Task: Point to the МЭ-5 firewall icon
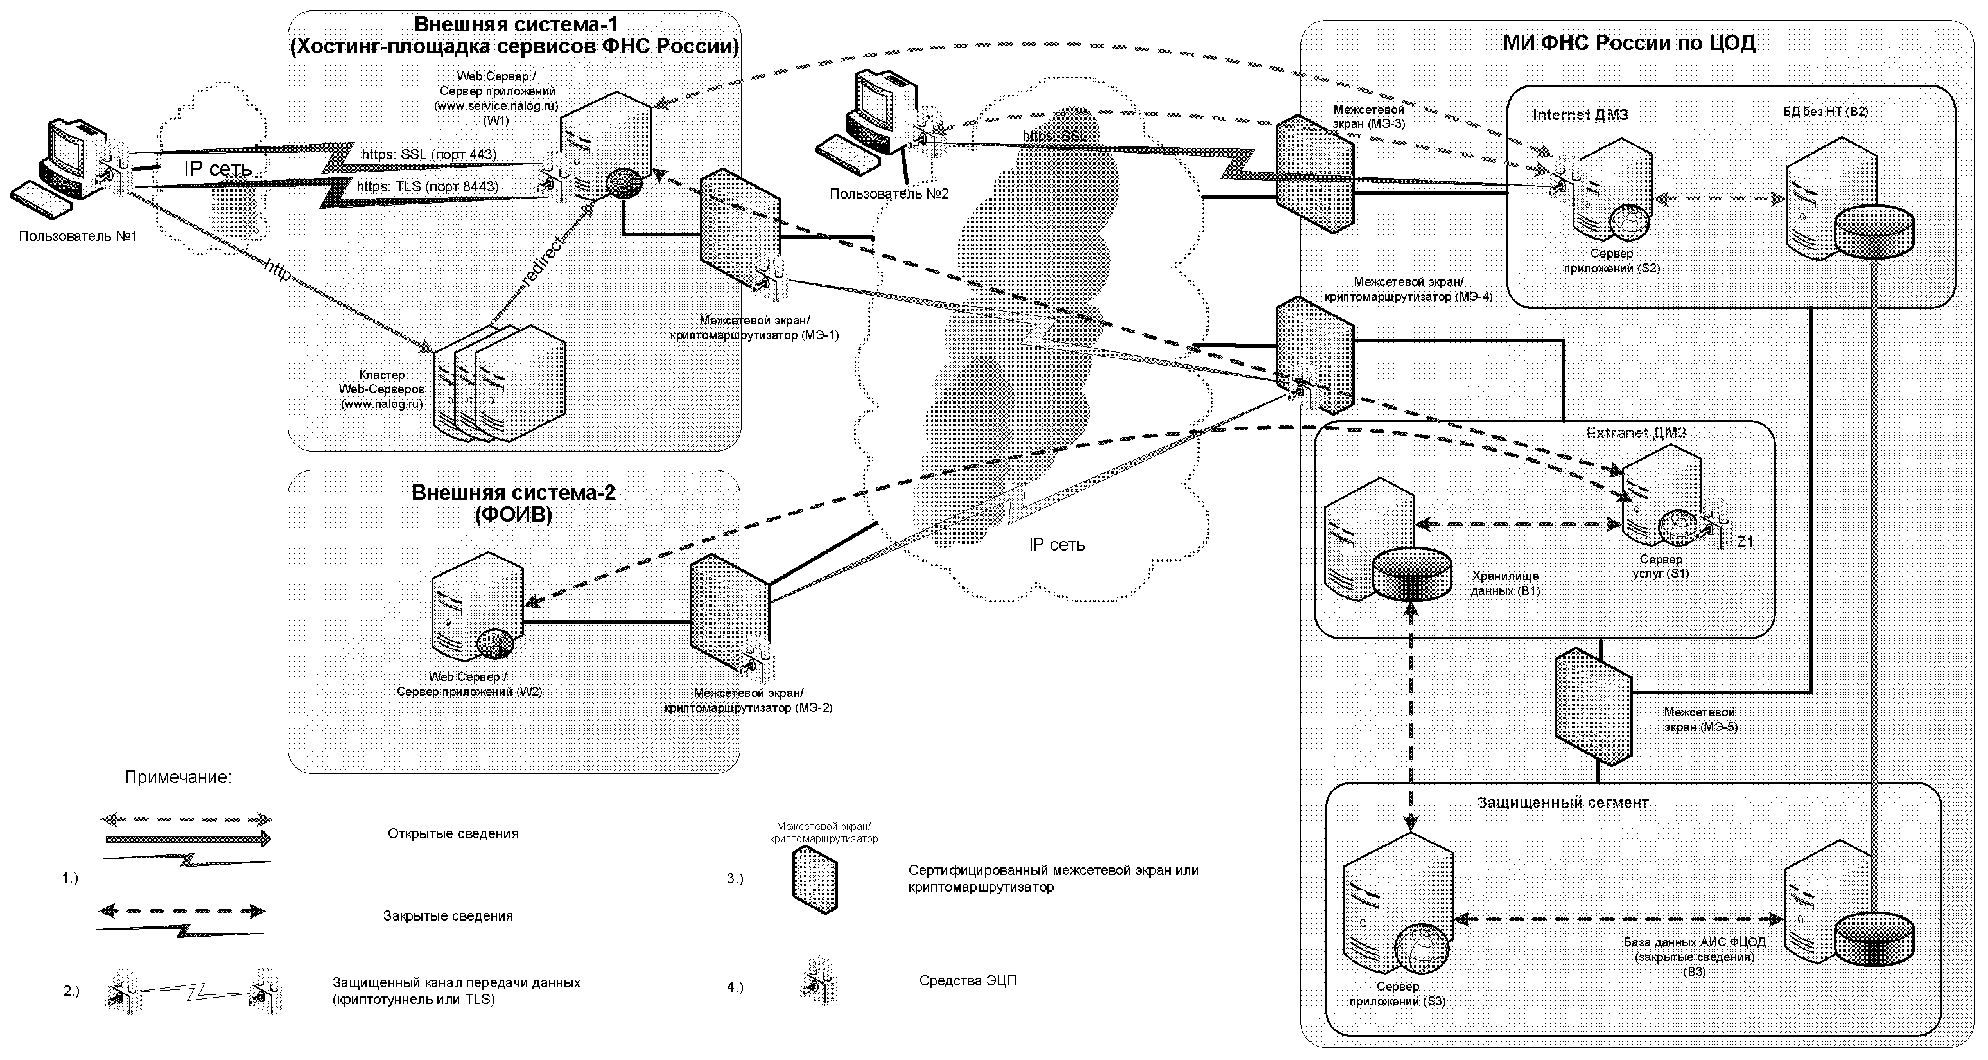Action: [x=1592, y=705]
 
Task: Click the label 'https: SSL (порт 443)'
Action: [x=429, y=154]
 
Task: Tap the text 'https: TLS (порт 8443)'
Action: [x=428, y=187]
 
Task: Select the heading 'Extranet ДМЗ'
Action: [x=1636, y=433]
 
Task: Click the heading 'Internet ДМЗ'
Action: [x=1580, y=115]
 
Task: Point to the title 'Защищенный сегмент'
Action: [x=1562, y=803]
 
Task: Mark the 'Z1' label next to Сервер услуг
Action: [x=1744, y=542]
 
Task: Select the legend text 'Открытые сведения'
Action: [x=453, y=834]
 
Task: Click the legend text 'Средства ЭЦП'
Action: [x=967, y=981]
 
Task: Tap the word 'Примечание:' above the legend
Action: [x=179, y=777]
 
